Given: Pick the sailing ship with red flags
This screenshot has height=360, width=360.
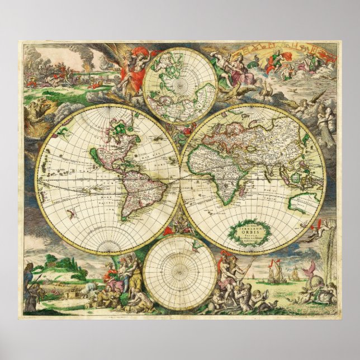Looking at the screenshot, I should (274, 273).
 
